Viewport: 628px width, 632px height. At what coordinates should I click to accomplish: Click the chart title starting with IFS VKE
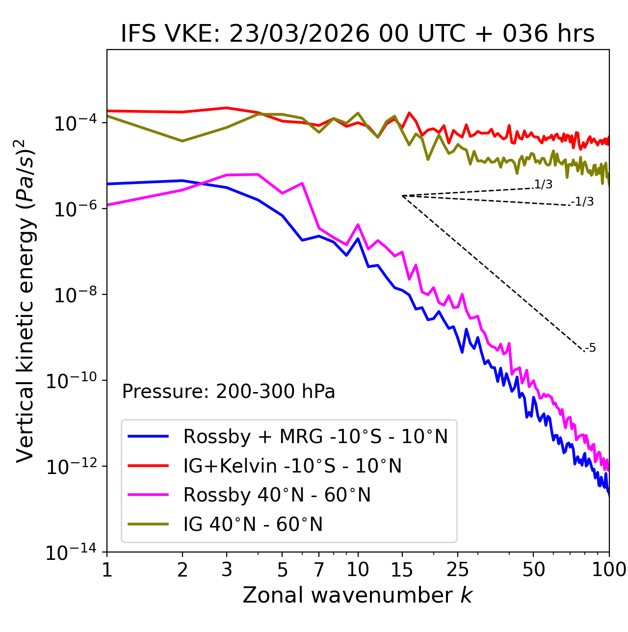[x=358, y=34]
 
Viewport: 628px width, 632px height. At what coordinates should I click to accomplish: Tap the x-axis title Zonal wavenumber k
[x=358, y=595]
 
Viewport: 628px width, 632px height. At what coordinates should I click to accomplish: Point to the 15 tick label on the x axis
[x=402, y=570]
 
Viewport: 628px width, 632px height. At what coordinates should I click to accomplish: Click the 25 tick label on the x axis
[x=458, y=570]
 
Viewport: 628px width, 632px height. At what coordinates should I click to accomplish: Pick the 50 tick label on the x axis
[x=533, y=570]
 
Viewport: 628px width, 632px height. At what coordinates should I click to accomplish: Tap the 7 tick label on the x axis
[x=319, y=570]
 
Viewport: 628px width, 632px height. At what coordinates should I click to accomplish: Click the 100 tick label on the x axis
[x=609, y=570]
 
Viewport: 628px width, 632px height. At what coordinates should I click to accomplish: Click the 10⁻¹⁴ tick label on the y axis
[x=71, y=553]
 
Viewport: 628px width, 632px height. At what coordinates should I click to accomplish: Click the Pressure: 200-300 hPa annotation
[x=228, y=392]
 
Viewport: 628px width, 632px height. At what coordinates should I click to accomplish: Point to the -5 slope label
[x=590, y=348]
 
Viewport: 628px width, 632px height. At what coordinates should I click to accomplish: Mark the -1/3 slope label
[x=582, y=202]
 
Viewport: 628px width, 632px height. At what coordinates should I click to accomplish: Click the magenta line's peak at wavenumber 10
[x=358, y=225]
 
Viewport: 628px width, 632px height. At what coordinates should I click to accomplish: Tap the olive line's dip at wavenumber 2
[x=183, y=141]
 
